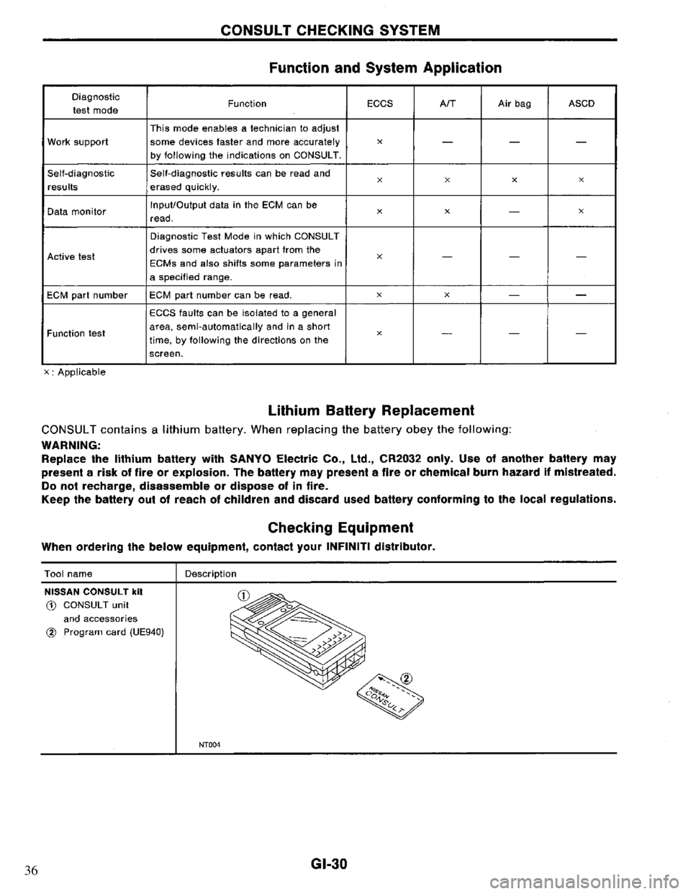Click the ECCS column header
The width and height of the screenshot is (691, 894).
tap(379, 104)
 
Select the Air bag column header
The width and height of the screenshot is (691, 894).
tap(515, 104)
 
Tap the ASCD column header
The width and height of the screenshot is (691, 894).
tap(581, 104)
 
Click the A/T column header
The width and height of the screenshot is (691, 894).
tap(446, 104)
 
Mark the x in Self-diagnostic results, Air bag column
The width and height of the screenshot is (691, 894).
tap(515, 184)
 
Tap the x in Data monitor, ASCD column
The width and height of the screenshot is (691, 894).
tap(581, 212)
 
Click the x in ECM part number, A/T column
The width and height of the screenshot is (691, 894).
tap(446, 294)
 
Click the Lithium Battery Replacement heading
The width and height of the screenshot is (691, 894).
tap(371, 410)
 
